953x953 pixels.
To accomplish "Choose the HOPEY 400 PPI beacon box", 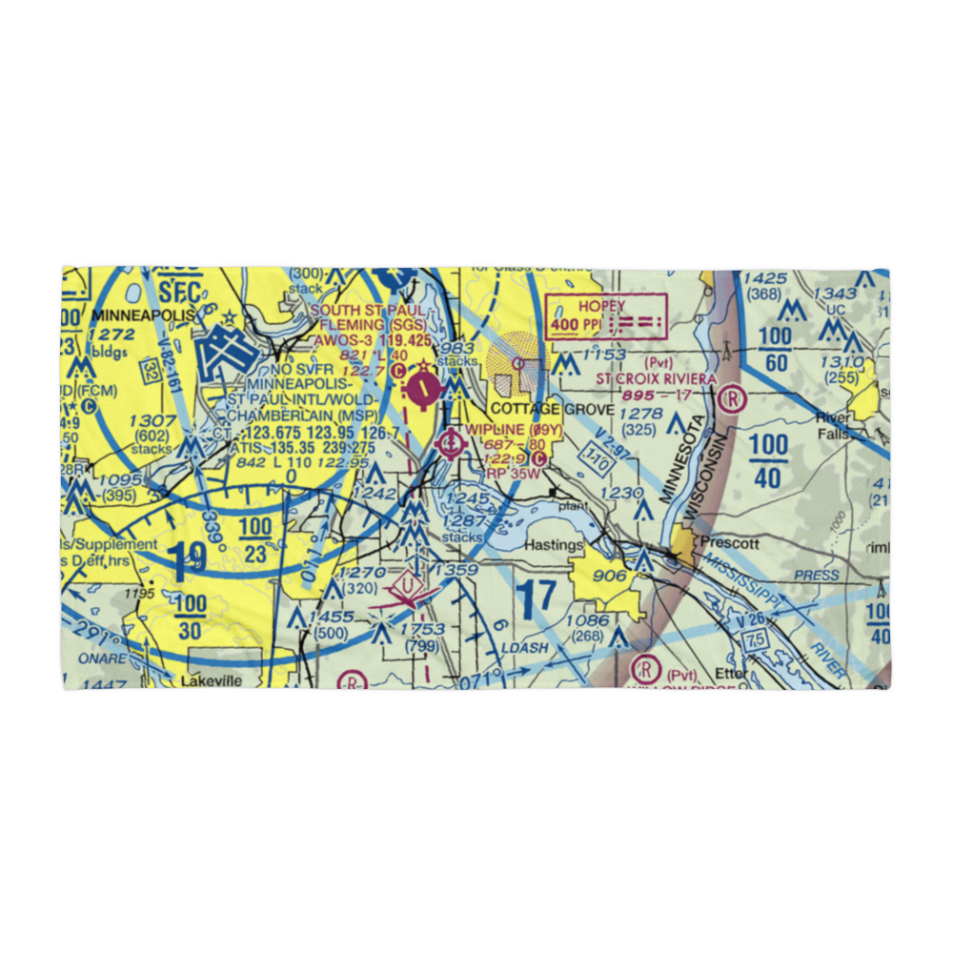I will tap(606, 316).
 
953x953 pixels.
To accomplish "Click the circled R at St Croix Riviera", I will tap(732, 397).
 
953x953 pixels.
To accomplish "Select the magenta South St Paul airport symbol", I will tap(422, 389).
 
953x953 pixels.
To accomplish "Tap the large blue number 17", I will tap(537, 598).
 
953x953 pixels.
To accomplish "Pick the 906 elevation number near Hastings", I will tap(610, 576).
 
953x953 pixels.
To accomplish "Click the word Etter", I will tap(732, 673).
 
